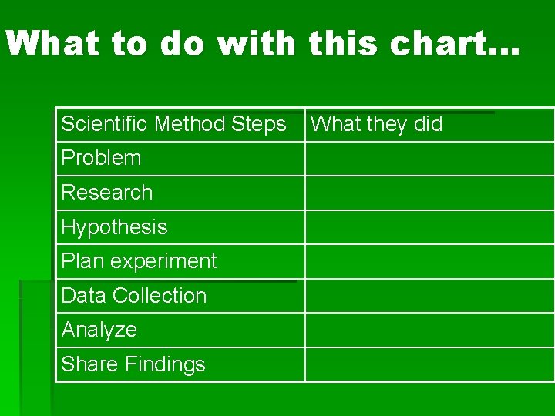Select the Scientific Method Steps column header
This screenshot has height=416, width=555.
173,124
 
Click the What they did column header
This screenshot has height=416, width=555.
376,124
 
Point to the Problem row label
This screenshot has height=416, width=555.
101,158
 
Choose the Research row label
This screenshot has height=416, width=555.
106,193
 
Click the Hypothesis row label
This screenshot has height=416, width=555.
114,227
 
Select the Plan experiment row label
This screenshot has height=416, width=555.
139,261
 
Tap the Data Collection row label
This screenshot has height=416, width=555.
133,296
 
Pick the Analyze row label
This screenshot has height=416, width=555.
99,330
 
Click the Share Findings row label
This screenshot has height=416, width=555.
133,364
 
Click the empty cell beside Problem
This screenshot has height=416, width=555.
429,159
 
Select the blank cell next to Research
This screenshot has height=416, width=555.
429,193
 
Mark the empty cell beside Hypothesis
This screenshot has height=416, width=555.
429,227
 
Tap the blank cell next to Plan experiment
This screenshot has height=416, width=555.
429,262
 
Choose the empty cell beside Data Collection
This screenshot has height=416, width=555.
429,296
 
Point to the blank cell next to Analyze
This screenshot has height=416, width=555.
429,330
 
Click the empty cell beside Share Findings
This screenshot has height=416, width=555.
429,364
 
